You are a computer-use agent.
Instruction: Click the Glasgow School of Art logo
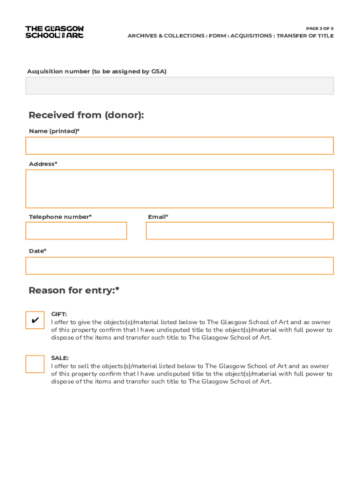click(x=55, y=32)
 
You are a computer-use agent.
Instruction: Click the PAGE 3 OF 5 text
click(x=320, y=29)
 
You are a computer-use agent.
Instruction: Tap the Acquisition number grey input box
click(x=180, y=86)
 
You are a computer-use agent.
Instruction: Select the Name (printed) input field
click(x=180, y=145)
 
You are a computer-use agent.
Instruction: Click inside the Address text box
click(x=180, y=189)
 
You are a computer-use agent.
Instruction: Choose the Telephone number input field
click(x=76, y=231)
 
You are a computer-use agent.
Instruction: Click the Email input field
click(x=240, y=231)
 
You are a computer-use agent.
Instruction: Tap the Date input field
click(x=180, y=266)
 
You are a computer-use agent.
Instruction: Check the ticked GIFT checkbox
click(x=35, y=320)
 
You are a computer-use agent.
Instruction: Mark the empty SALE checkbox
click(x=35, y=364)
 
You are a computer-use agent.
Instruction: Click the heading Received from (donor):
click(x=86, y=115)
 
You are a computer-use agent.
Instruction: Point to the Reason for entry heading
click(x=74, y=290)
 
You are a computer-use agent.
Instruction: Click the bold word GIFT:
click(x=59, y=314)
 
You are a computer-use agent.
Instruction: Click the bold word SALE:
click(x=60, y=358)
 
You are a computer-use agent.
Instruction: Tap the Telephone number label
click(x=60, y=217)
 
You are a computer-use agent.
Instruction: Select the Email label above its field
click(x=158, y=217)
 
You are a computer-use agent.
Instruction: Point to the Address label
click(x=43, y=164)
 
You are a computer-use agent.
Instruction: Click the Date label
click(x=37, y=251)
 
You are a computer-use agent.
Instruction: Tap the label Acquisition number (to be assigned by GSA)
click(x=97, y=72)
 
